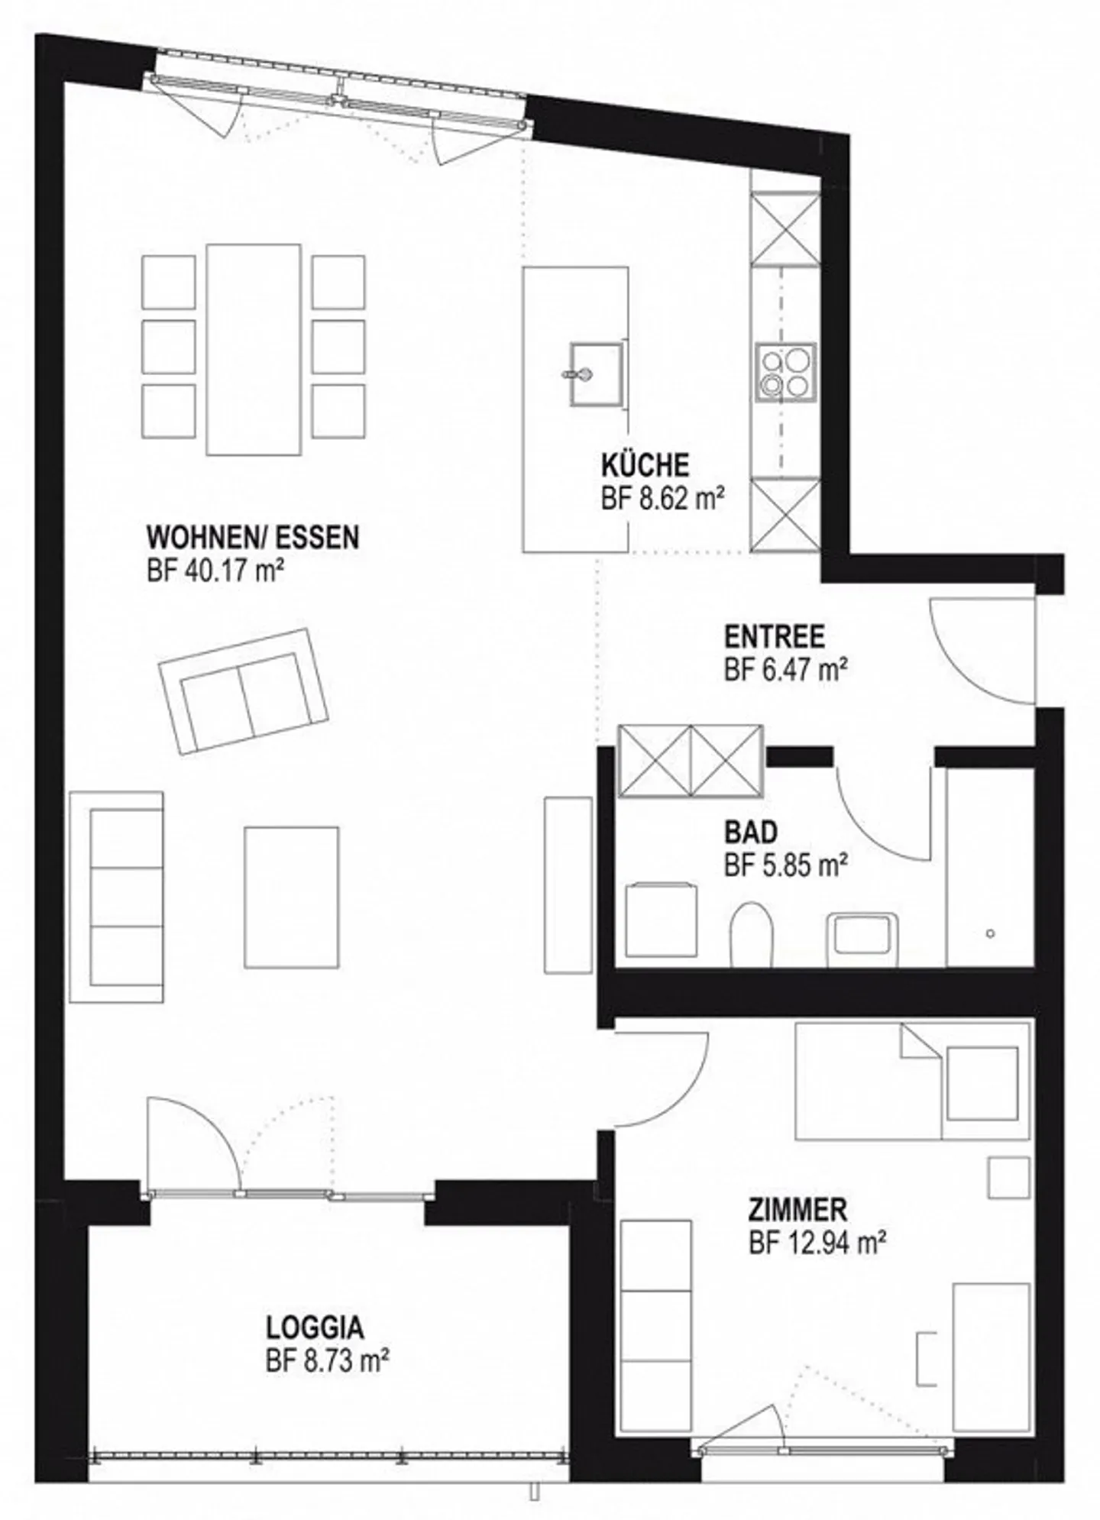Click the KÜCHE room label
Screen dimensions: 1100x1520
[x=645, y=465]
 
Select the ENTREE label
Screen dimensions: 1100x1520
[x=774, y=636]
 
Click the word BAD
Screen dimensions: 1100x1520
[x=751, y=831]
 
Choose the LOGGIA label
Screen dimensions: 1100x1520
[x=315, y=1328]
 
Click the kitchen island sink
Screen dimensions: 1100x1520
[x=596, y=374]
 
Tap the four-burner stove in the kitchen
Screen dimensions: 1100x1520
[x=786, y=373]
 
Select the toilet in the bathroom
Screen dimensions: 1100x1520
[x=752, y=934]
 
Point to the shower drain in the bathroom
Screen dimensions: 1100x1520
[x=991, y=933]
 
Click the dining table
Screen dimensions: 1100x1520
[x=254, y=350]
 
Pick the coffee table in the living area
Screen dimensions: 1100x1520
[x=291, y=897]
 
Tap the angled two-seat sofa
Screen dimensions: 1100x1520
[x=244, y=691]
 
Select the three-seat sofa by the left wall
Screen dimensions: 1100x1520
[x=116, y=897]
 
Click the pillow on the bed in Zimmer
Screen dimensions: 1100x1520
[x=982, y=1083]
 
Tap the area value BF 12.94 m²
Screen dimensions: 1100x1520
[x=817, y=1244]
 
